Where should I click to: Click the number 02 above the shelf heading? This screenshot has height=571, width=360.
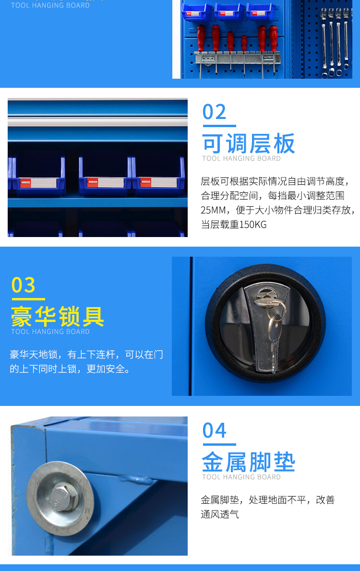click(x=214, y=112)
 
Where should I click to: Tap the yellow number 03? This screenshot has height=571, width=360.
click(x=24, y=285)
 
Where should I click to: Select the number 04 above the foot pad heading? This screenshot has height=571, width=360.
click(x=214, y=430)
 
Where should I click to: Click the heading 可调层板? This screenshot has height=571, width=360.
click(x=248, y=143)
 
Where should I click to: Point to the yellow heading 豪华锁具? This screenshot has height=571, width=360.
click(x=58, y=317)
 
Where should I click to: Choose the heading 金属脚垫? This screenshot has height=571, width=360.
click(x=248, y=462)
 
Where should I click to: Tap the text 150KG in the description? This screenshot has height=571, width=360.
click(x=252, y=225)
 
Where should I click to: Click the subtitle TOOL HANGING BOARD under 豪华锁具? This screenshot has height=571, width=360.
click(x=50, y=332)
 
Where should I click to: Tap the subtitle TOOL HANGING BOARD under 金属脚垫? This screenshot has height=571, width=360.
click(x=241, y=477)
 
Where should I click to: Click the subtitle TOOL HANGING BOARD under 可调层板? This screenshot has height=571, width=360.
click(x=241, y=158)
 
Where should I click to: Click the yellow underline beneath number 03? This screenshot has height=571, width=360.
click(x=28, y=299)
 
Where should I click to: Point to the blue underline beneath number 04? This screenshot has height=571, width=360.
click(x=219, y=444)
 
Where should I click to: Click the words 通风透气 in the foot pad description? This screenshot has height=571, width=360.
click(x=220, y=514)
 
